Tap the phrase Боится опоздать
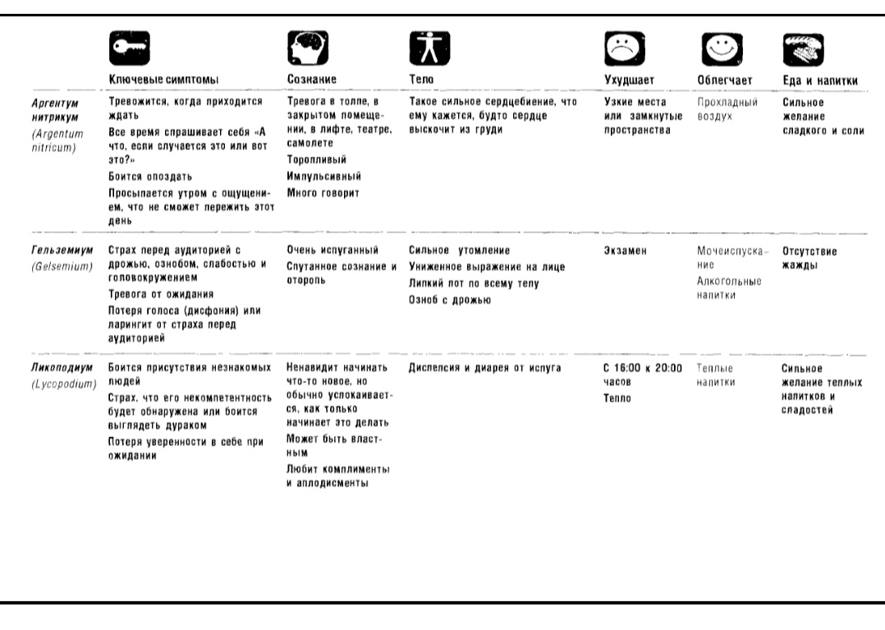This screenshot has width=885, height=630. (x=150, y=176)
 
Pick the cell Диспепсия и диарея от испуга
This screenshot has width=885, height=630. (x=484, y=368)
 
